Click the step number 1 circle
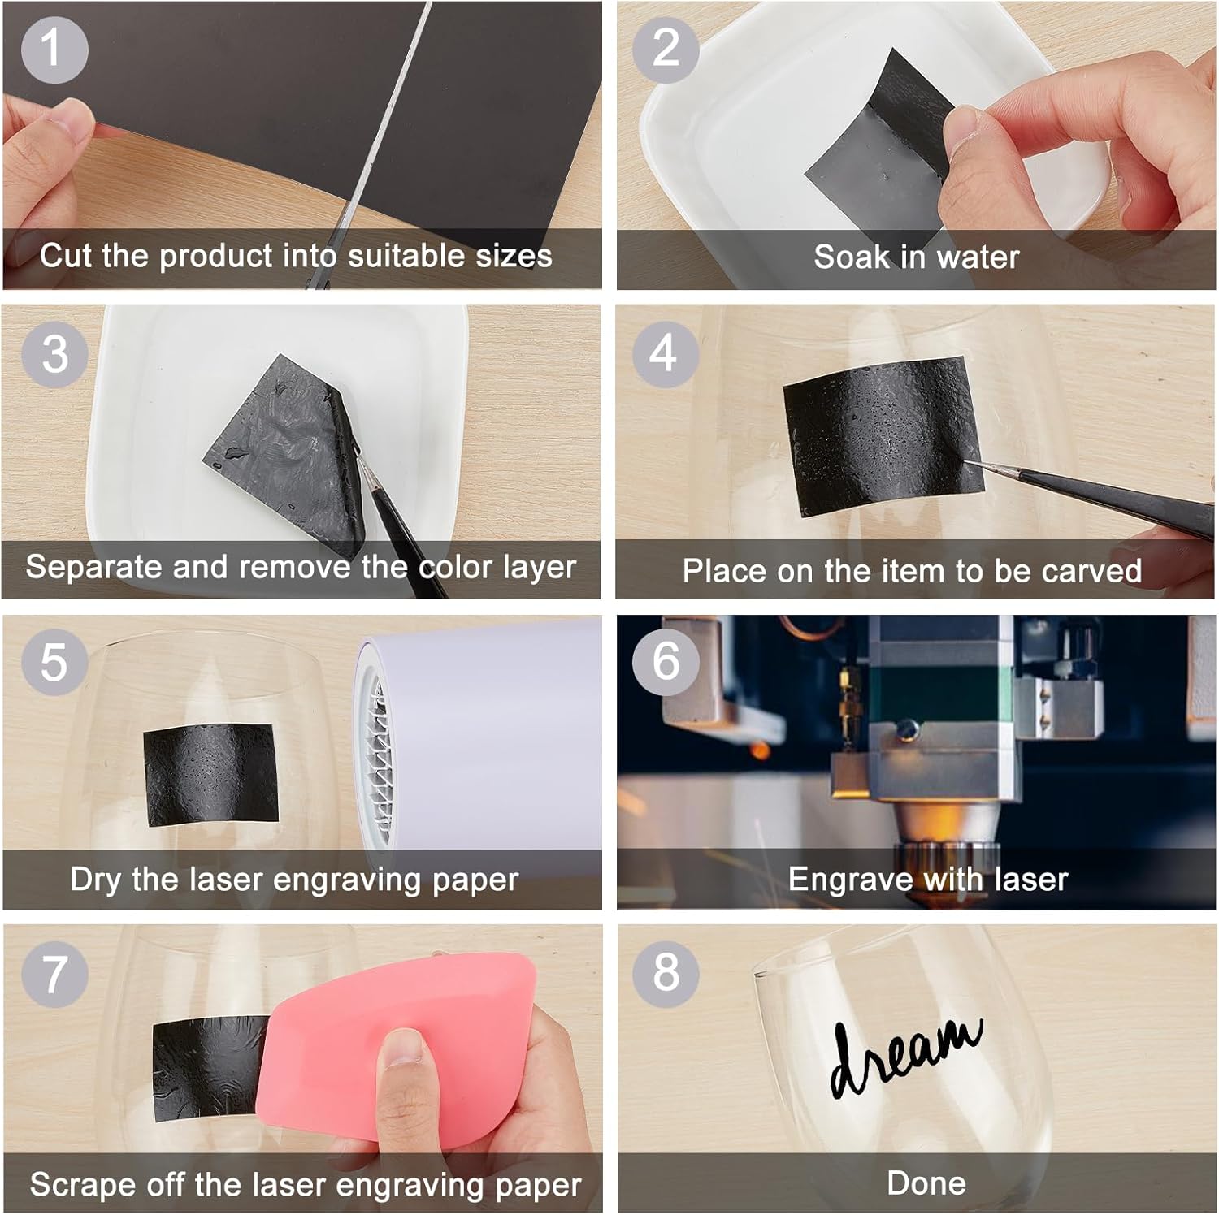pyautogui.click(x=54, y=49)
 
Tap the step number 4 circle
pyautogui.click(x=665, y=353)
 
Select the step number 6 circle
pyautogui.click(x=666, y=661)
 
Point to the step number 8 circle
pyautogui.click(x=666, y=972)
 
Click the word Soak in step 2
pyautogui.click(x=851, y=257)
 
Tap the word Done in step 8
pyautogui.click(x=926, y=1183)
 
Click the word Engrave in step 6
pyautogui.click(x=849, y=880)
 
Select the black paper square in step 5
pyautogui.click(x=211, y=774)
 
